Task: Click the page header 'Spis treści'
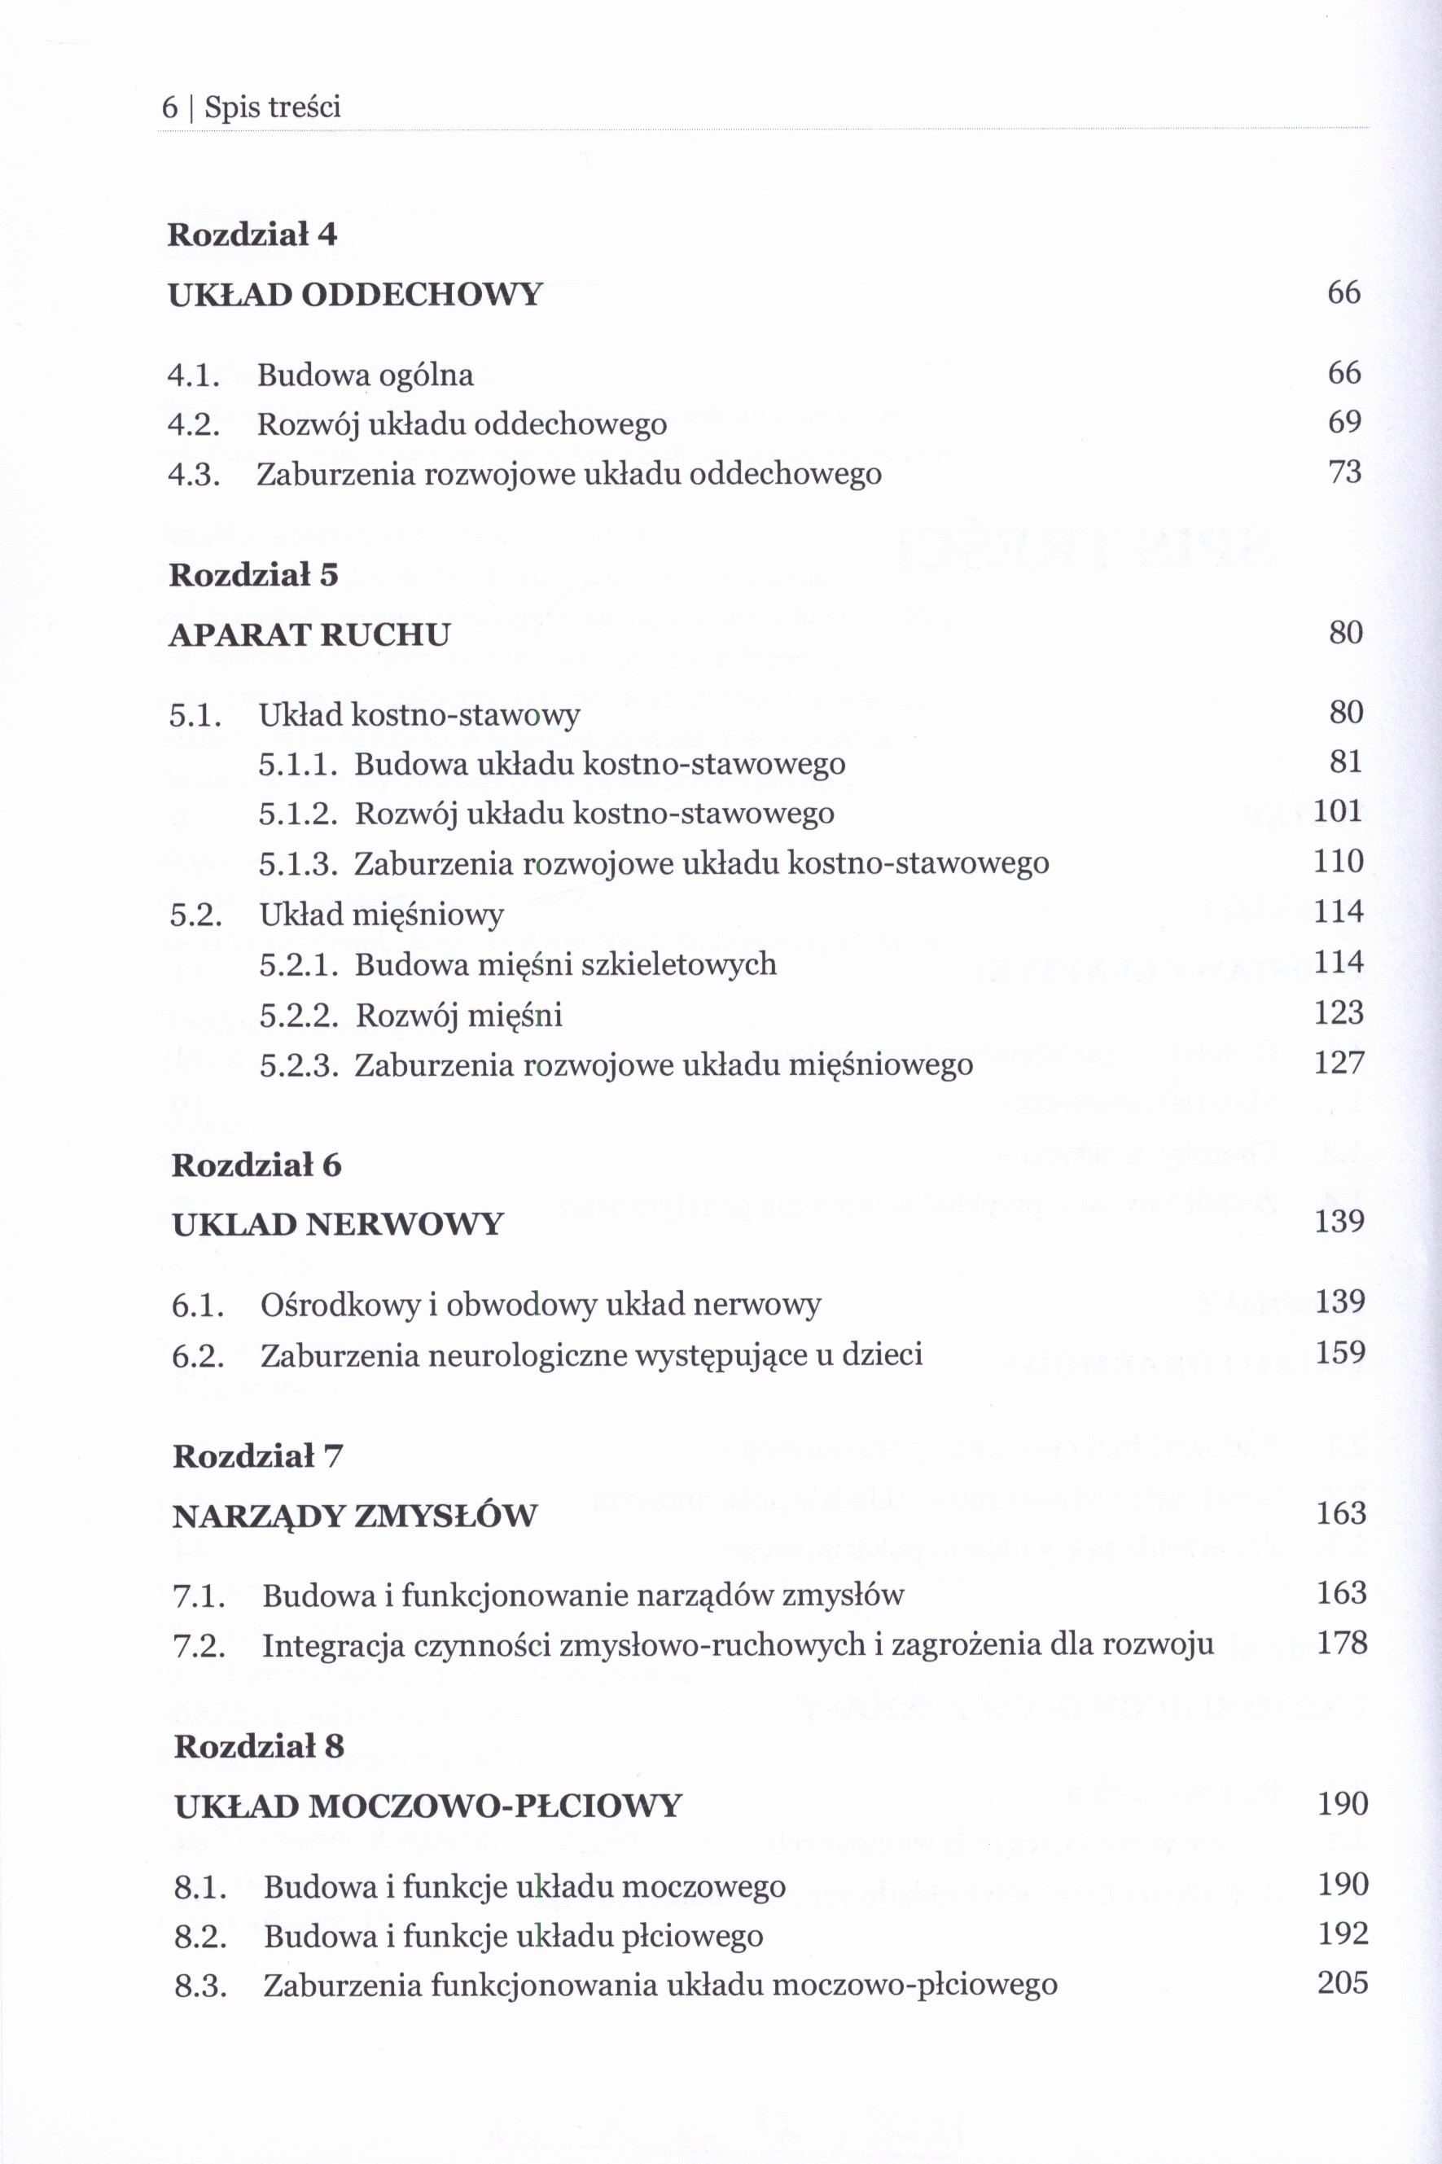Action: (272, 108)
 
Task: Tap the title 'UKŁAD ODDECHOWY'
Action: (355, 294)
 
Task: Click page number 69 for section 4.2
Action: (1343, 422)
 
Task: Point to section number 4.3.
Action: (194, 475)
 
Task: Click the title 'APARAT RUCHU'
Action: (309, 634)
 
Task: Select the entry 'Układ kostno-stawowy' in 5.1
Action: (419, 714)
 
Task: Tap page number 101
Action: (1337, 811)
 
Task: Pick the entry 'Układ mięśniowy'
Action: (382, 914)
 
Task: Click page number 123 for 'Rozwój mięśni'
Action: (1338, 1012)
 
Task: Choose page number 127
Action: (1338, 1063)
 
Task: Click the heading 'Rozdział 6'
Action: (256, 1165)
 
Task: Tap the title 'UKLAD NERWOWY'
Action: (338, 1224)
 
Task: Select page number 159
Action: (1340, 1352)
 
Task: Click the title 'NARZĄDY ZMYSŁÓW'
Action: (354, 1516)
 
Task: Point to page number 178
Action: (1342, 1643)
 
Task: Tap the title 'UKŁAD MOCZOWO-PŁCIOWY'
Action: (427, 1806)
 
